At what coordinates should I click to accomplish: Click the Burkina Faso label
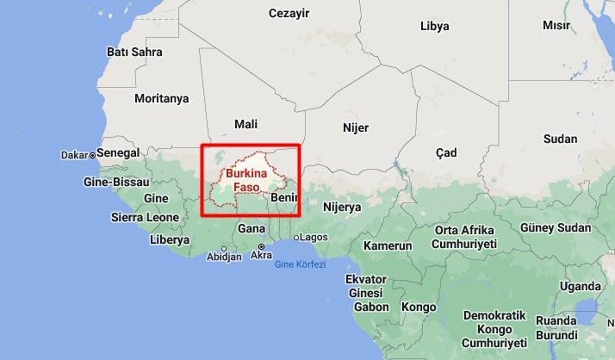click(x=247, y=181)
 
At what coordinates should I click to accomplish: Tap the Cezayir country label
click(x=289, y=13)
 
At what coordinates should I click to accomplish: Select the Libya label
click(x=435, y=26)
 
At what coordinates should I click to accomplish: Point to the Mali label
click(x=246, y=124)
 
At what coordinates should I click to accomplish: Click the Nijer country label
click(x=356, y=128)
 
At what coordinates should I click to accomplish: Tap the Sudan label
click(x=560, y=138)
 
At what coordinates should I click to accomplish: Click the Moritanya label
click(x=161, y=98)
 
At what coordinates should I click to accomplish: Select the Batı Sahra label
click(x=134, y=52)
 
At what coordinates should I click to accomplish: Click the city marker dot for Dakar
click(x=93, y=155)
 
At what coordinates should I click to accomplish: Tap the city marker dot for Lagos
click(x=296, y=237)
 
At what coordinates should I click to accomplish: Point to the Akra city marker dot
click(x=261, y=247)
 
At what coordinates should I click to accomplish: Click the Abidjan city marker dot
click(x=224, y=249)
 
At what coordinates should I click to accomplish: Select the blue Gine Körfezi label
click(x=300, y=265)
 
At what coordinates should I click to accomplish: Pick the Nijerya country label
click(x=342, y=207)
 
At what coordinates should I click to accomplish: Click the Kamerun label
click(x=387, y=246)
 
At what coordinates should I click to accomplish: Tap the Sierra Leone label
click(x=145, y=217)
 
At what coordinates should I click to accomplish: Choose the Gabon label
click(x=372, y=307)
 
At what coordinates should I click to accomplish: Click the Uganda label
click(x=580, y=287)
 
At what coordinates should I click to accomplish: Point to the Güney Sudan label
click(x=556, y=228)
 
